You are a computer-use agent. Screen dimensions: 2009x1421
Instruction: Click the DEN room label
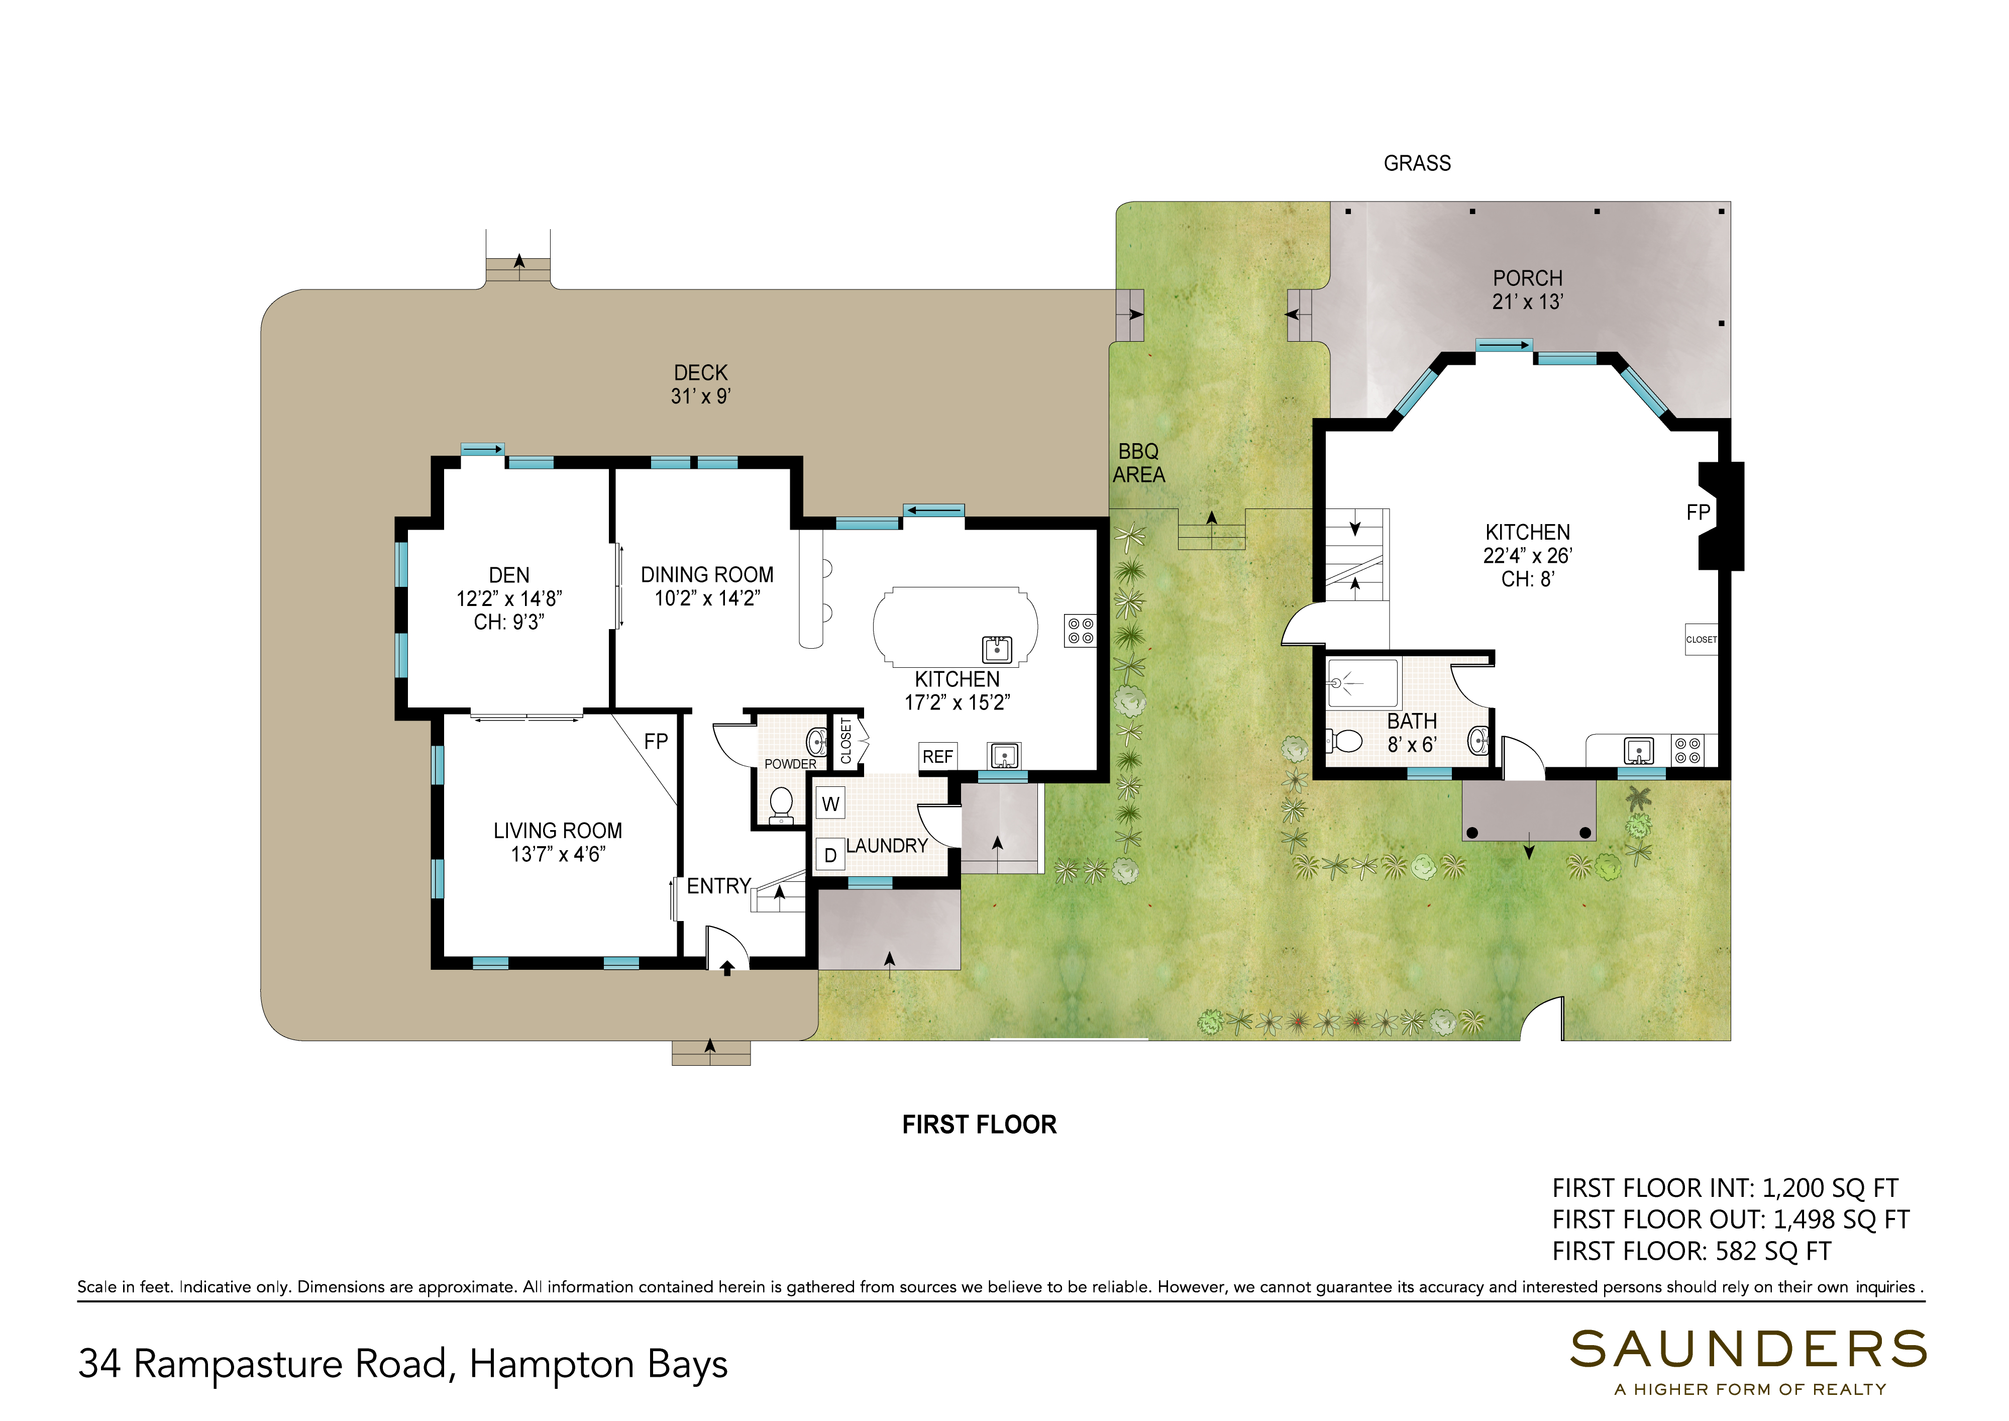(509, 575)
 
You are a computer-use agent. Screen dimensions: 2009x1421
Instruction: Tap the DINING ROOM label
(707, 575)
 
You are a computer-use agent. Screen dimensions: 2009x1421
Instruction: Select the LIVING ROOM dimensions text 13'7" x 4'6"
(558, 854)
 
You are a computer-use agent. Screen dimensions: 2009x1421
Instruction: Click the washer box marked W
(830, 803)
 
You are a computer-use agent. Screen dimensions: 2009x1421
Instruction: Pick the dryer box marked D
(830, 854)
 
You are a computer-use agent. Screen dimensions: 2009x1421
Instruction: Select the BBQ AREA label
(1138, 463)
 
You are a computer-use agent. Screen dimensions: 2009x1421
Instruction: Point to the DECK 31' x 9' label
(701, 384)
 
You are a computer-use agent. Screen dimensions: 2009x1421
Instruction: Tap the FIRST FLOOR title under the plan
(979, 1125)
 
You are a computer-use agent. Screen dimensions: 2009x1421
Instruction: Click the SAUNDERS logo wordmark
(1748, 1349)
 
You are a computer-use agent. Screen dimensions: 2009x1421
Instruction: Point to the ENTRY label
(718, 886)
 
